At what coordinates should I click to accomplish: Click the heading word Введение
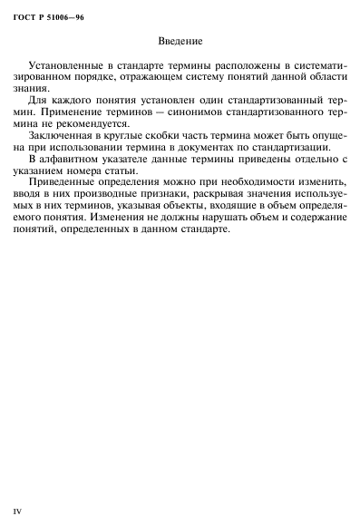pyautogui.click(x=180, y=41)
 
